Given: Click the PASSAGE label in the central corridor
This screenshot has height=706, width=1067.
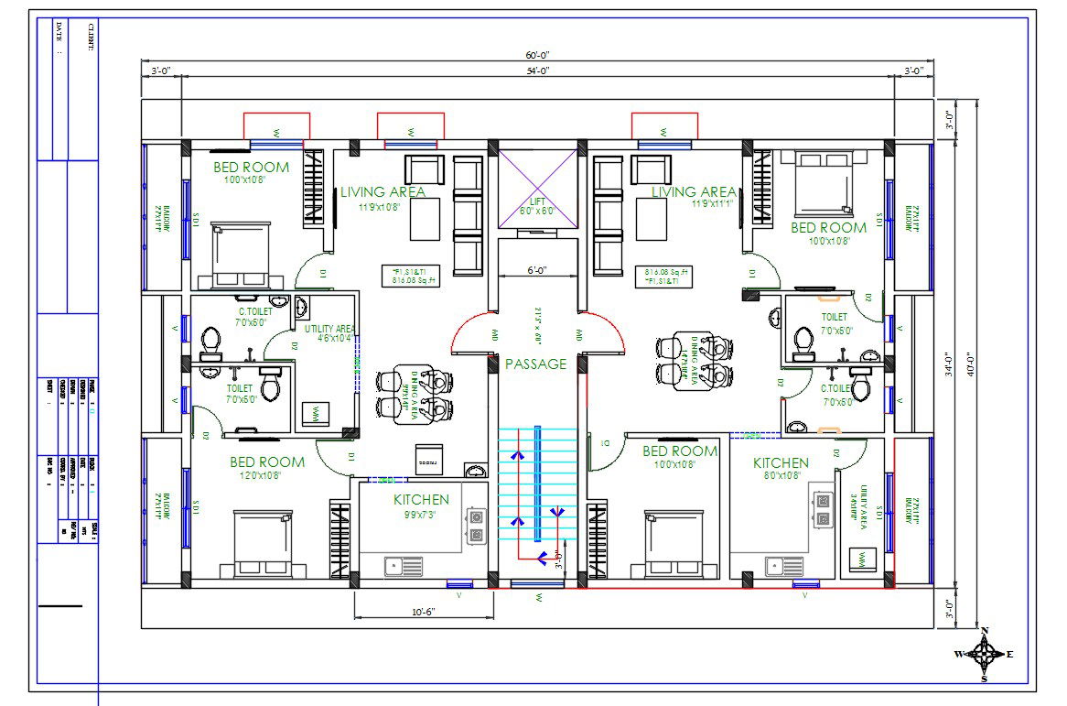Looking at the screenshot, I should tap(536, 364).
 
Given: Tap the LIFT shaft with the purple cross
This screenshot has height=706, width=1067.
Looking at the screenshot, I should tap(537, 190).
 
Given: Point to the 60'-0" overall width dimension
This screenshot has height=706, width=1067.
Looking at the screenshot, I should tap(538, 56).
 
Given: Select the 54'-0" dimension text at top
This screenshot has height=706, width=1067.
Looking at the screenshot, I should tap(538, 71).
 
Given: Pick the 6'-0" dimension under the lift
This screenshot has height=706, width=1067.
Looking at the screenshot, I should tap(537, 270).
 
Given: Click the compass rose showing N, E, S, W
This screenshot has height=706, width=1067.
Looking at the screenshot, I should tap(985, 654).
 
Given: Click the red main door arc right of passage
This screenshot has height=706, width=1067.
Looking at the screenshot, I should tap(606, 332).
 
